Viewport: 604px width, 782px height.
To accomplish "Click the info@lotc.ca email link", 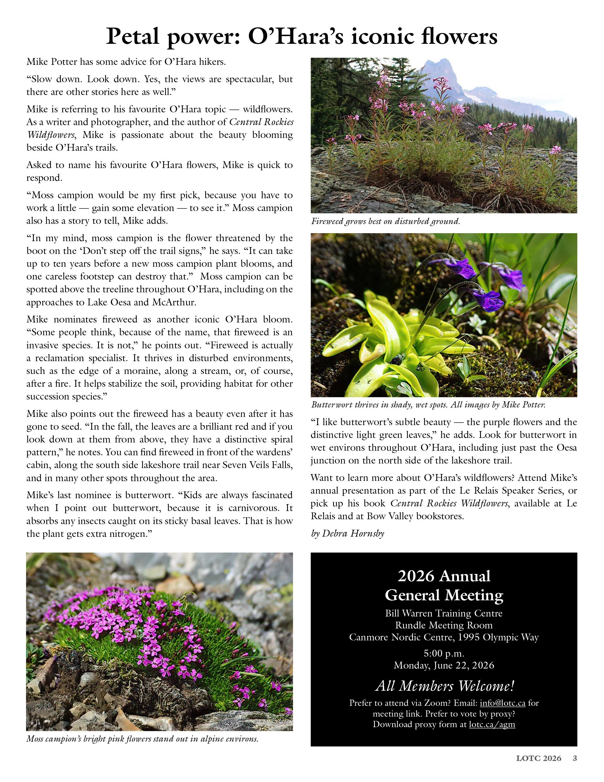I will pyautogui.click(x=502, y=703).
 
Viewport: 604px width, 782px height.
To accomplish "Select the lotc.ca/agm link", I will pyautogui.click(x=492, y=724).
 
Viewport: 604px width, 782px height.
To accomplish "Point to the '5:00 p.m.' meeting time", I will pyautogui.click(x=444, y=653).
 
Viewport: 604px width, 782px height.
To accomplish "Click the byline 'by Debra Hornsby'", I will pyautogui.click(x=347, y=533).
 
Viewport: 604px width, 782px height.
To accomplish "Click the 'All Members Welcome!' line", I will pyautogui.click(x=444, y=686).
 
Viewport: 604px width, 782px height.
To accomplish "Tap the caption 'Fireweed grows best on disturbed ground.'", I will pyautogui.click(x=385, y=221).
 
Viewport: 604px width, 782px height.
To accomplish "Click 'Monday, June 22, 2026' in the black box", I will pyautogui.click(x=444, y=665).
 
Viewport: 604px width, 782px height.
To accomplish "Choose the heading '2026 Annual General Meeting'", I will pyautogui.click(x=444, y=586).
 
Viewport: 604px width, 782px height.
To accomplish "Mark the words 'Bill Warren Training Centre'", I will pyautogui.click(x=444, y=613).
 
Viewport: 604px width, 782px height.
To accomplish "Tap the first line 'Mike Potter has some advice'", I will pyautogui.click(x=126, y=62).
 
